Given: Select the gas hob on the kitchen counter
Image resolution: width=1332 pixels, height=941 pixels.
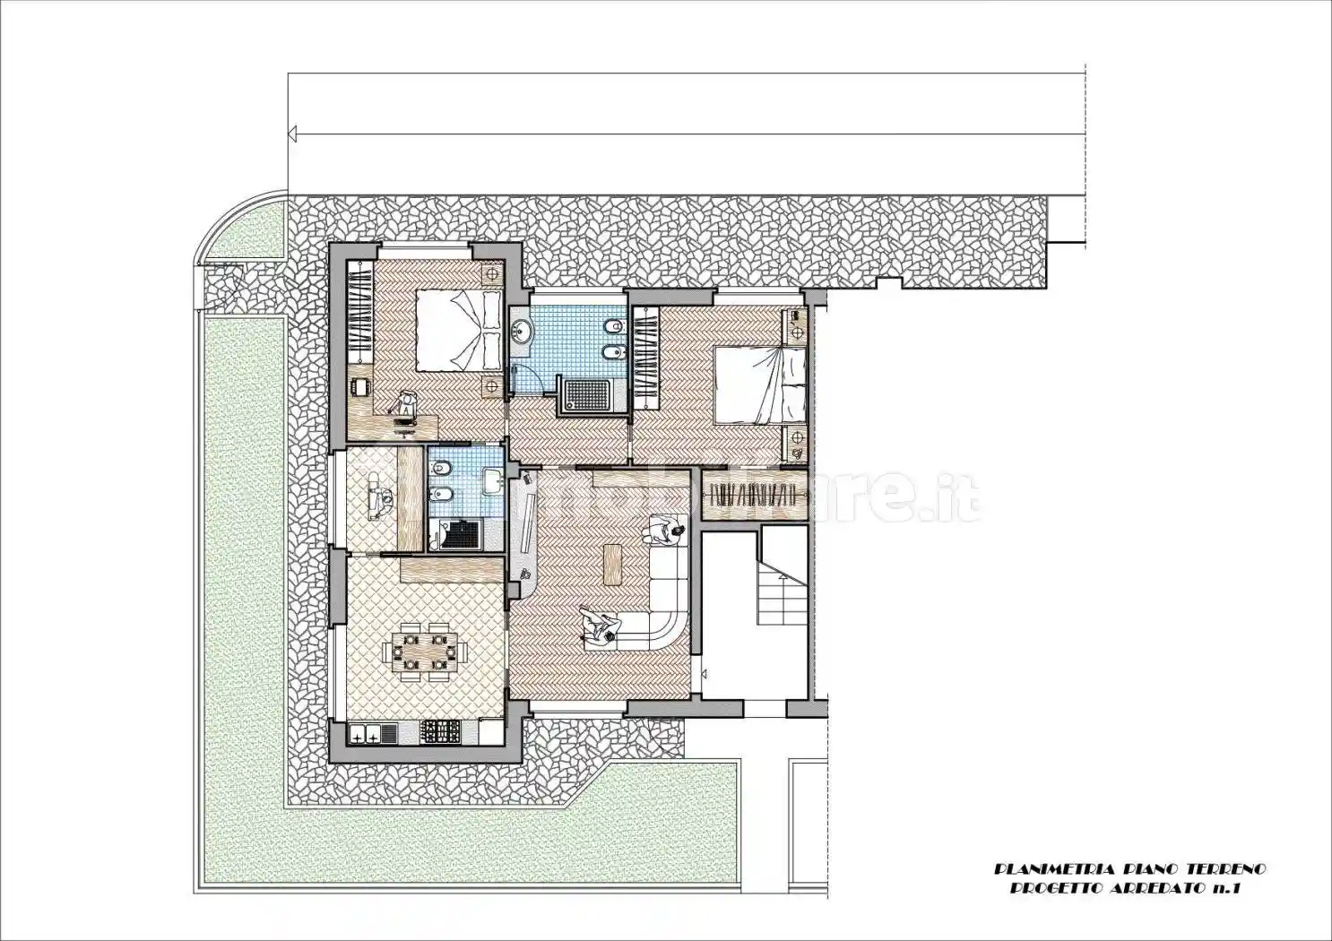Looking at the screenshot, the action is [x=441, y=732].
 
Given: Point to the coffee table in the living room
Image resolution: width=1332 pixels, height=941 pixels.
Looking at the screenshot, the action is [x=612, y=563].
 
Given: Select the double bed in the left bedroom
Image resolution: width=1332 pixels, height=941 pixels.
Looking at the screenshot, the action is [x=458, y=329].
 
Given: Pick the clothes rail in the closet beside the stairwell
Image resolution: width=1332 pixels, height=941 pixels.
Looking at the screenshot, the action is [x=754, y=494].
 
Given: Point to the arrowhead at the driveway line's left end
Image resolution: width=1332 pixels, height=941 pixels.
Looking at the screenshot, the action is [x=292, y=134].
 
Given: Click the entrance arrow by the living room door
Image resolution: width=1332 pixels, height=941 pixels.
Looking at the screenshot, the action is [x=705, y=675].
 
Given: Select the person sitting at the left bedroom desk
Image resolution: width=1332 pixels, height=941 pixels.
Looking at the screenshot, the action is [x=405, y=403].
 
